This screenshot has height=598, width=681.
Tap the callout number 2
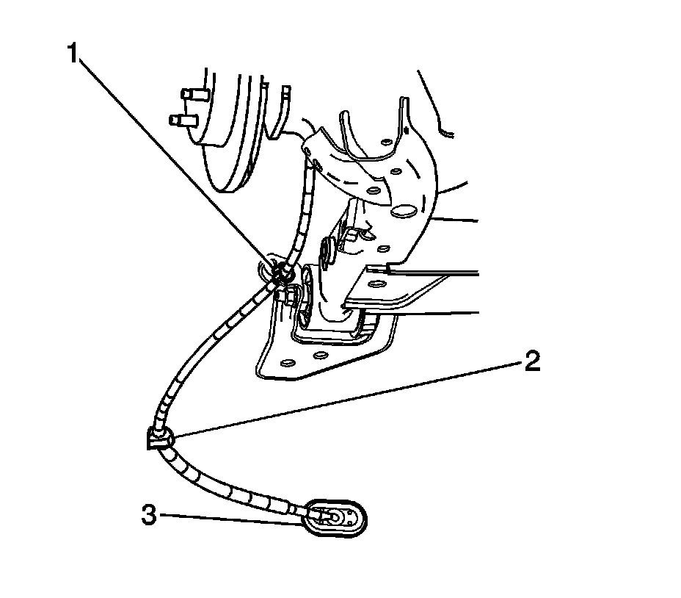pyautogui.click(x=531, y=361)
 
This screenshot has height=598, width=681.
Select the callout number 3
pyautogui.click(x=149, y=515)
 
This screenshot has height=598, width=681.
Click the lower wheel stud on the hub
pyautogui.click(x=180, y=118)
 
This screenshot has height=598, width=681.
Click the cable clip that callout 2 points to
pyautogui.click(x=161, y=439)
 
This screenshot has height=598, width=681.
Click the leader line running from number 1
pyautogui.click(x=176, y=162)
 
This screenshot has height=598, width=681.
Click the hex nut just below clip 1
pyautogui.click(x=288, y=297)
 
